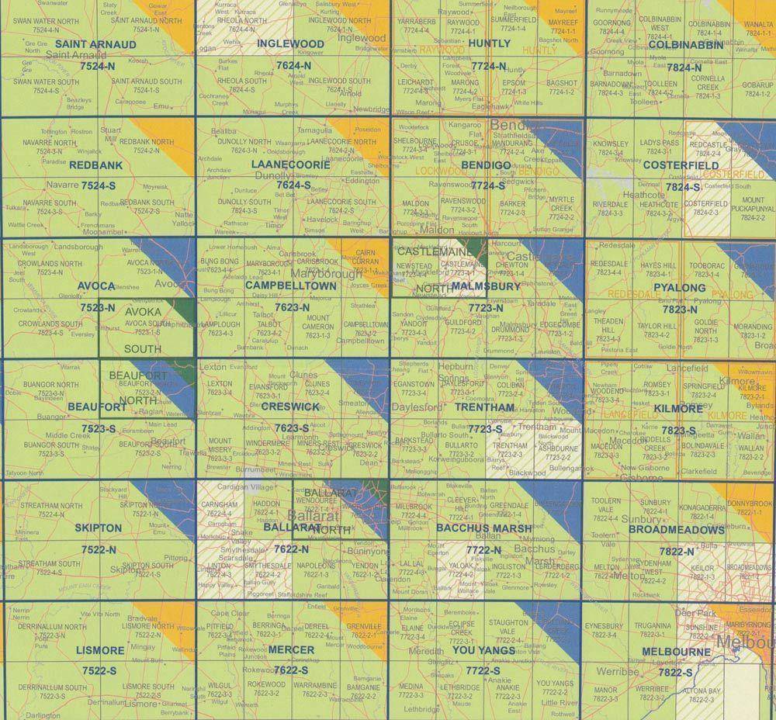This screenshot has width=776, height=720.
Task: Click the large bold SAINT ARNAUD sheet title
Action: click(x=96, y=45)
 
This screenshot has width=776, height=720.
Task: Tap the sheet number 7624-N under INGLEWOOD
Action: click(x=292, y=66)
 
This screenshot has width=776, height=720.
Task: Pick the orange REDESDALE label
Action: click(x=632, y=296)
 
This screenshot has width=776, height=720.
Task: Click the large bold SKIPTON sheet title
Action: click(x=99, y=528)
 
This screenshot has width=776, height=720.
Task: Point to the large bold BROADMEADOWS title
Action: click(x=677, y=530)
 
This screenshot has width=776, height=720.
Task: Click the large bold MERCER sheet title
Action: click(x=292, y=650)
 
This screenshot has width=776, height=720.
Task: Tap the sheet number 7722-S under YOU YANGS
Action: click(x=483, y=670)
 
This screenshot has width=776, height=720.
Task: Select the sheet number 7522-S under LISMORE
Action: click(x=98, y=670)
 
